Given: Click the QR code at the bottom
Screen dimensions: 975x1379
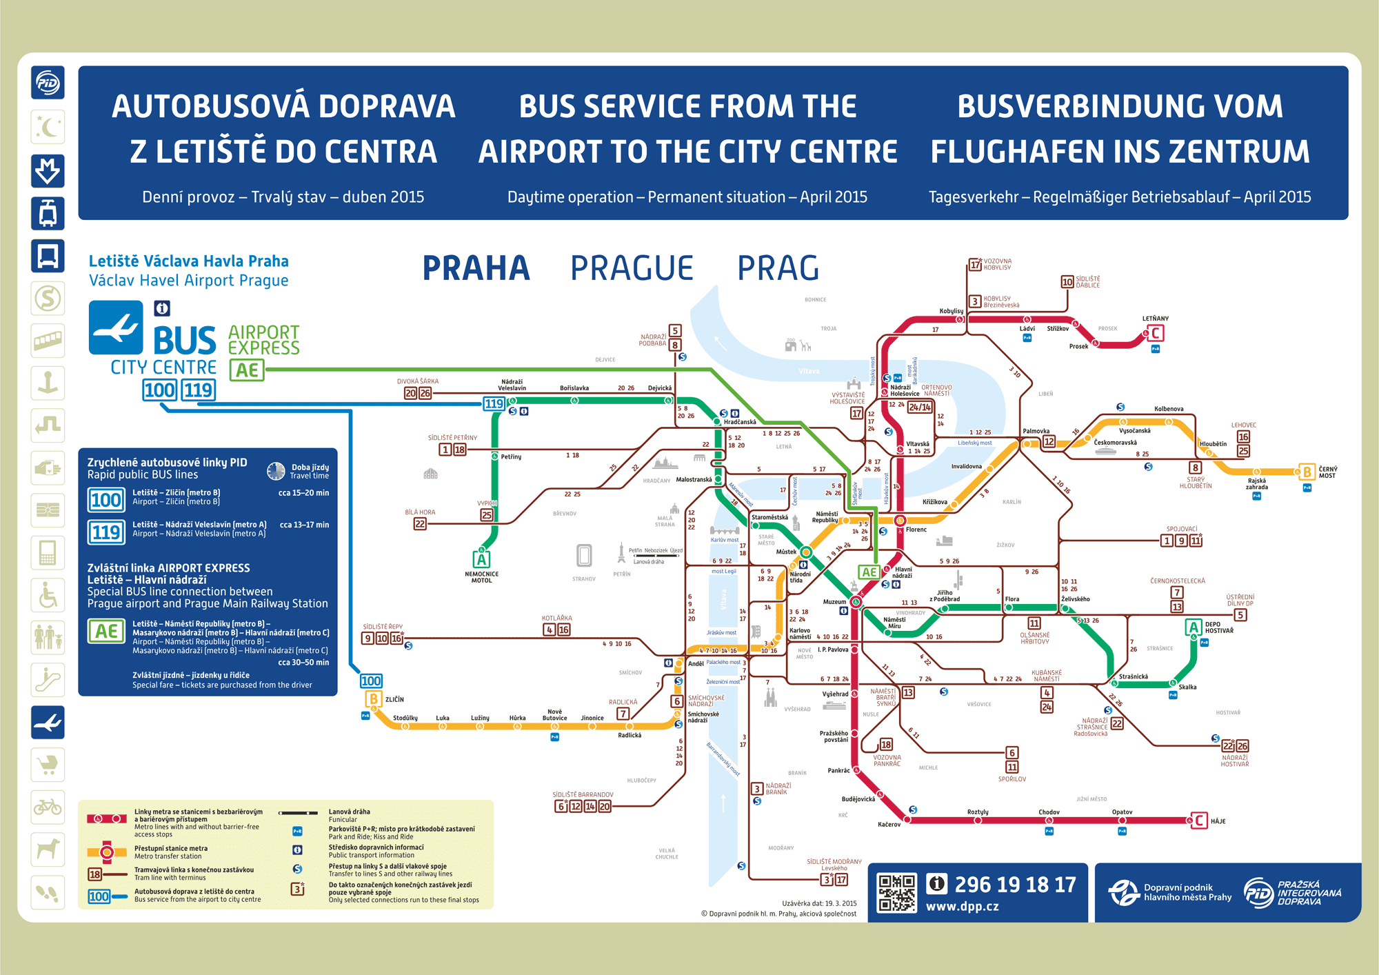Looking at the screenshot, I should [896, 893].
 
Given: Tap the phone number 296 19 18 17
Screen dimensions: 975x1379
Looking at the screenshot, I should [1014, 885].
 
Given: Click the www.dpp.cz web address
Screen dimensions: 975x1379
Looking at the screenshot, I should [962, 907].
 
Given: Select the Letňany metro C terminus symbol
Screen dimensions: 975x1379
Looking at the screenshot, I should [1156, 334].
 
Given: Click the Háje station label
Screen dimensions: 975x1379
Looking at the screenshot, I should [1218, 821].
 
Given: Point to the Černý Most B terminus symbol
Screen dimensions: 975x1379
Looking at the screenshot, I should [1306, 472].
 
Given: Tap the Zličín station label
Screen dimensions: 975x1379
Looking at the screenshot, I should [394, 699].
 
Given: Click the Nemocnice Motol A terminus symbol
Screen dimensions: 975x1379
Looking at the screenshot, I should [481, 559].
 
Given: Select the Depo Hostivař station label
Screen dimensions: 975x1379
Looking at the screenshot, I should [1219, 627].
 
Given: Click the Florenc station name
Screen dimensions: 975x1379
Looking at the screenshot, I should [916, 530].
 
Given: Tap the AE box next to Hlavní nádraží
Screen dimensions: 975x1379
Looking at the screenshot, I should [869, 572].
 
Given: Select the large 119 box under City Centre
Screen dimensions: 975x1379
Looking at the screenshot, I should [199, 390].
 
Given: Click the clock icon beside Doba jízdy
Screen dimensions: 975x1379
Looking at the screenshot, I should [276, 471].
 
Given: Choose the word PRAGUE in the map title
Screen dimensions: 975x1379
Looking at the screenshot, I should [632, 268].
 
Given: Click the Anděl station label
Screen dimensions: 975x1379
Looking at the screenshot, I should [696, 664].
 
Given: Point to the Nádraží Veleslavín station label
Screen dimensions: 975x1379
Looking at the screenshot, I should [512, 385].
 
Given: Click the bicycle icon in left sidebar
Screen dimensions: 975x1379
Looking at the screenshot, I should [48, 807].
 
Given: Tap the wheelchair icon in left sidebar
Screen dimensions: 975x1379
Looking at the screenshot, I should [48, 595].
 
